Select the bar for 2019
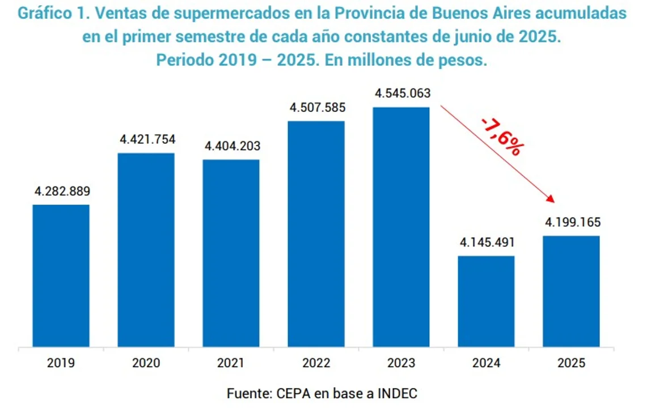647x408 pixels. [61, 275]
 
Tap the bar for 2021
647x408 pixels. [231, 253]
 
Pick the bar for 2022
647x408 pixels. [316, 233]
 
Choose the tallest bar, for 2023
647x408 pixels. [401, 227]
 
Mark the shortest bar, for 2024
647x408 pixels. [487, 301]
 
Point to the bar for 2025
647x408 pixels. [572, 291]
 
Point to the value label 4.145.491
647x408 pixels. [487, 243]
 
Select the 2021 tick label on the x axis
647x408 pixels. [231, 363]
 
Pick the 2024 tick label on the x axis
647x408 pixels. [486, 363]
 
